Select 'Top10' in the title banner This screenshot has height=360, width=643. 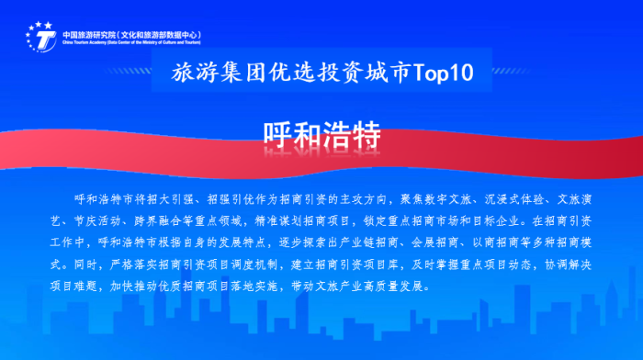(446, 74)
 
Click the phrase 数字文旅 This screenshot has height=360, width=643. (440, 199)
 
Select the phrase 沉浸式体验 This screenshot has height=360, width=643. (504, 199)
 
